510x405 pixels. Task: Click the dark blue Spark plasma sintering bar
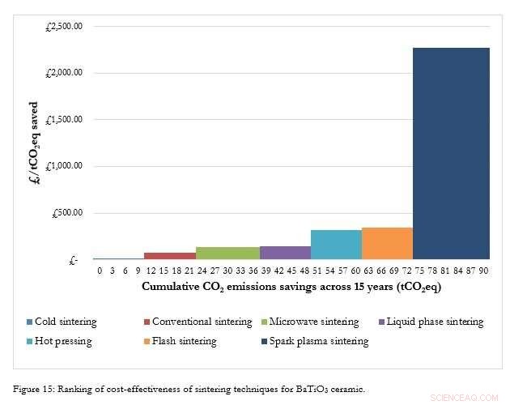tap(451, 154)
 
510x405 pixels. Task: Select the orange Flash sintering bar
tap(387, 244)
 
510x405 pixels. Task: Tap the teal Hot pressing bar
tap(335, 245)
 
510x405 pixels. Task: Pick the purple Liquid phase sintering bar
tap(285, 253)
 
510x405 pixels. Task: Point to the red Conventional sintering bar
tap(169, 256)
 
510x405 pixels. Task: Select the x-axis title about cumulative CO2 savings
tap(291, 287)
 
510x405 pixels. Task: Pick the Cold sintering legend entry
tap(66, 322)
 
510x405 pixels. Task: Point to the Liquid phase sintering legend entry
tap(435, 322)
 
